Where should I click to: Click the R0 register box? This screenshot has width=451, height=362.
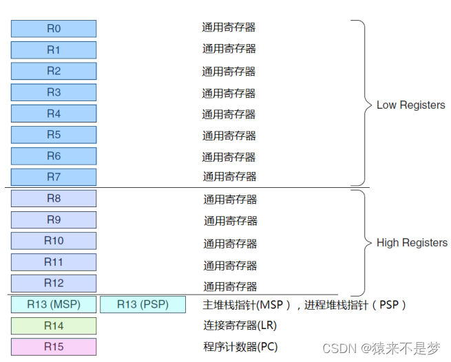[x=54, y=28]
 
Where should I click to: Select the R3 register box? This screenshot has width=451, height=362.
[x=54, y=92]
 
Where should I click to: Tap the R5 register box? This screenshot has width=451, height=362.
[x=54, y=135]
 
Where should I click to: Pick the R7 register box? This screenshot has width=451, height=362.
[x=54, y=177]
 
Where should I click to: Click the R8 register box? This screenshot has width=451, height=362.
[x=54, y=198]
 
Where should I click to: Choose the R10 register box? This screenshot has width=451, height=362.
[x=54, y=241]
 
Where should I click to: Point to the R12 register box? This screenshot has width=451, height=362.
[x=54, y=283]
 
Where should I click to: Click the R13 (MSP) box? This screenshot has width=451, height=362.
[x=54, y=304]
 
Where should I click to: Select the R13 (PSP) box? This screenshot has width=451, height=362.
[x=143, y=304]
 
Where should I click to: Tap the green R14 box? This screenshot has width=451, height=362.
[x=54, y=326]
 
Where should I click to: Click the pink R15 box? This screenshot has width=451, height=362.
[x=54, y=347]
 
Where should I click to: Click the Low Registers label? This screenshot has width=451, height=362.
[x=410, y=105]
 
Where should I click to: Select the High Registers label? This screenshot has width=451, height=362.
[x=412, y=242]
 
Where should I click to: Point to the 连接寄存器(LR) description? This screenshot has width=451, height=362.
[x=240, y=326]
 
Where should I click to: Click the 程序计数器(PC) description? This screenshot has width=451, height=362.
[x=240, y=347]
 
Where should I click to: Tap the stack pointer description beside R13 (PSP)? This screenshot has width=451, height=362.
[x=305, y=304]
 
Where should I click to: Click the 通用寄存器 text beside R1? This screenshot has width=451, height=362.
[x=229, y=49]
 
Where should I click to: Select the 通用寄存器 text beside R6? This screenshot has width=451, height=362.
[x=229, y=156]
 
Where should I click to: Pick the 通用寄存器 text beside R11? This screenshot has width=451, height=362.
[x=230, y=265]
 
